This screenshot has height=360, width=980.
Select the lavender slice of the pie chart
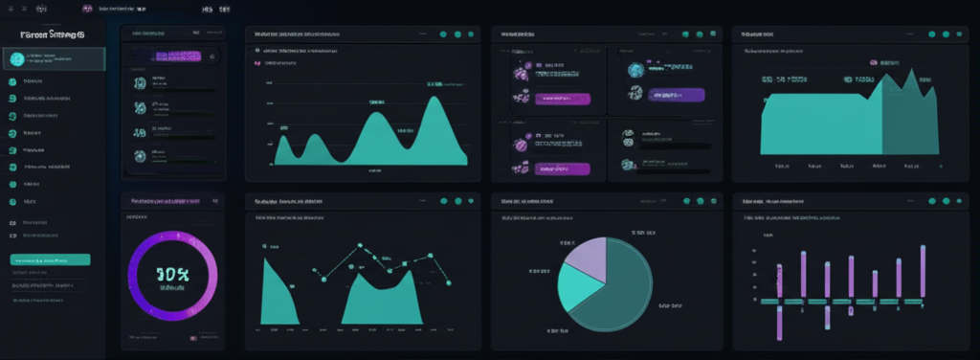[586, 258]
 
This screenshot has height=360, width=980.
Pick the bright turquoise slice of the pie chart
[580, 289]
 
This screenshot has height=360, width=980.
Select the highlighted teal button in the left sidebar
[50, 259]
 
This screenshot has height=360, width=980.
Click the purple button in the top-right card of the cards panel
[676, 95]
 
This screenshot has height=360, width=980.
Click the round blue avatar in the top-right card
[633, 70]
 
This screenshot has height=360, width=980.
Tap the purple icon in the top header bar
[88, 8]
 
